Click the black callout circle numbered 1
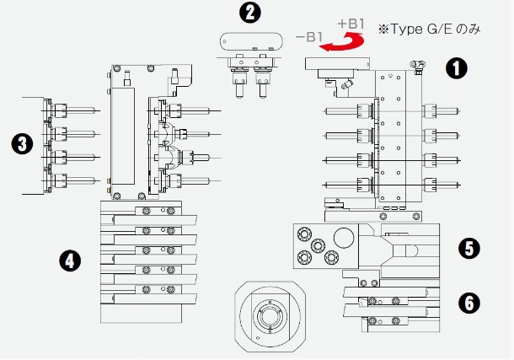click(x=457, y=68)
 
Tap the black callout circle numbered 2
click(x=250, y=13)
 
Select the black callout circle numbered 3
click(x=22, y=144)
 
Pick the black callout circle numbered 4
click(x=70, y=261)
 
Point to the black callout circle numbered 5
click(x=469, y=248)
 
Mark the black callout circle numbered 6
click(x=469, y=303)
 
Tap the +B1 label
click(x=351, y=24)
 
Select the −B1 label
click(x=309, y=37)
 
